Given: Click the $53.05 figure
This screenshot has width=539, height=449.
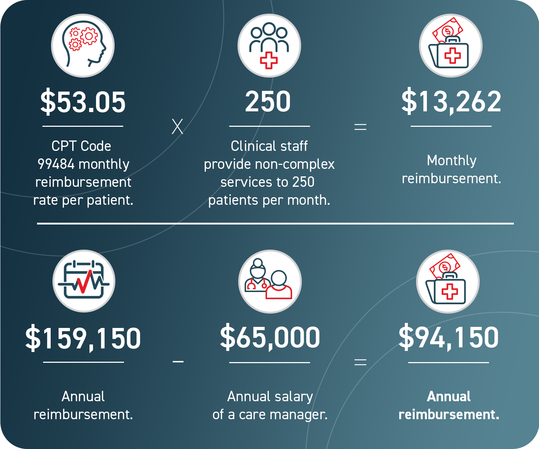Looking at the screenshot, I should (x=83, y=102).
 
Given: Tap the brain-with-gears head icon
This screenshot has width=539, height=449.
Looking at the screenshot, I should (x=83, y=46).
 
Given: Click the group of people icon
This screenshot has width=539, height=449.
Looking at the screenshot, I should (x=269, y=46).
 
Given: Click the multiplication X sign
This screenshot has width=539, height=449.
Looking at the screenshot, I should (x=177, y=127).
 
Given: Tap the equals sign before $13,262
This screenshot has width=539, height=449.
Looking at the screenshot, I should (x=360, y=127).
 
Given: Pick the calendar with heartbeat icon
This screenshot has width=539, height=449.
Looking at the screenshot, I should (x=84, y=281).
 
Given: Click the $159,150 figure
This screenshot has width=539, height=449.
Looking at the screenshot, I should (x=83, y=338).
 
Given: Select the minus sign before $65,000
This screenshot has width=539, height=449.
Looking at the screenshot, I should (x=178, y=362).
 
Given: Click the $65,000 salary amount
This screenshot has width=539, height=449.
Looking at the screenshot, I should (x=270, y=337).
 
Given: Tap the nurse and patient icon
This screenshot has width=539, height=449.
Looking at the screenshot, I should (x=269, y=281).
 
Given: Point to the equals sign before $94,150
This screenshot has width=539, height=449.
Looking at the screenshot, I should (x=360, y=362).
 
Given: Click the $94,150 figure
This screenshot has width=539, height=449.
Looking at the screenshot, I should (x=448, y=337).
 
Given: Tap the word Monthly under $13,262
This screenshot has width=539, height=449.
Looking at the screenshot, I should (x=451, y=161).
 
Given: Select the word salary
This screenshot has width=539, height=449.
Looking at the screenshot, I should (x=292, y=397).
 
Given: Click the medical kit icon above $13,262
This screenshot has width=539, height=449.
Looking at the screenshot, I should (x=451, y=46).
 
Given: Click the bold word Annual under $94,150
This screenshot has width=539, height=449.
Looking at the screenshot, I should (x=448, y=397).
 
